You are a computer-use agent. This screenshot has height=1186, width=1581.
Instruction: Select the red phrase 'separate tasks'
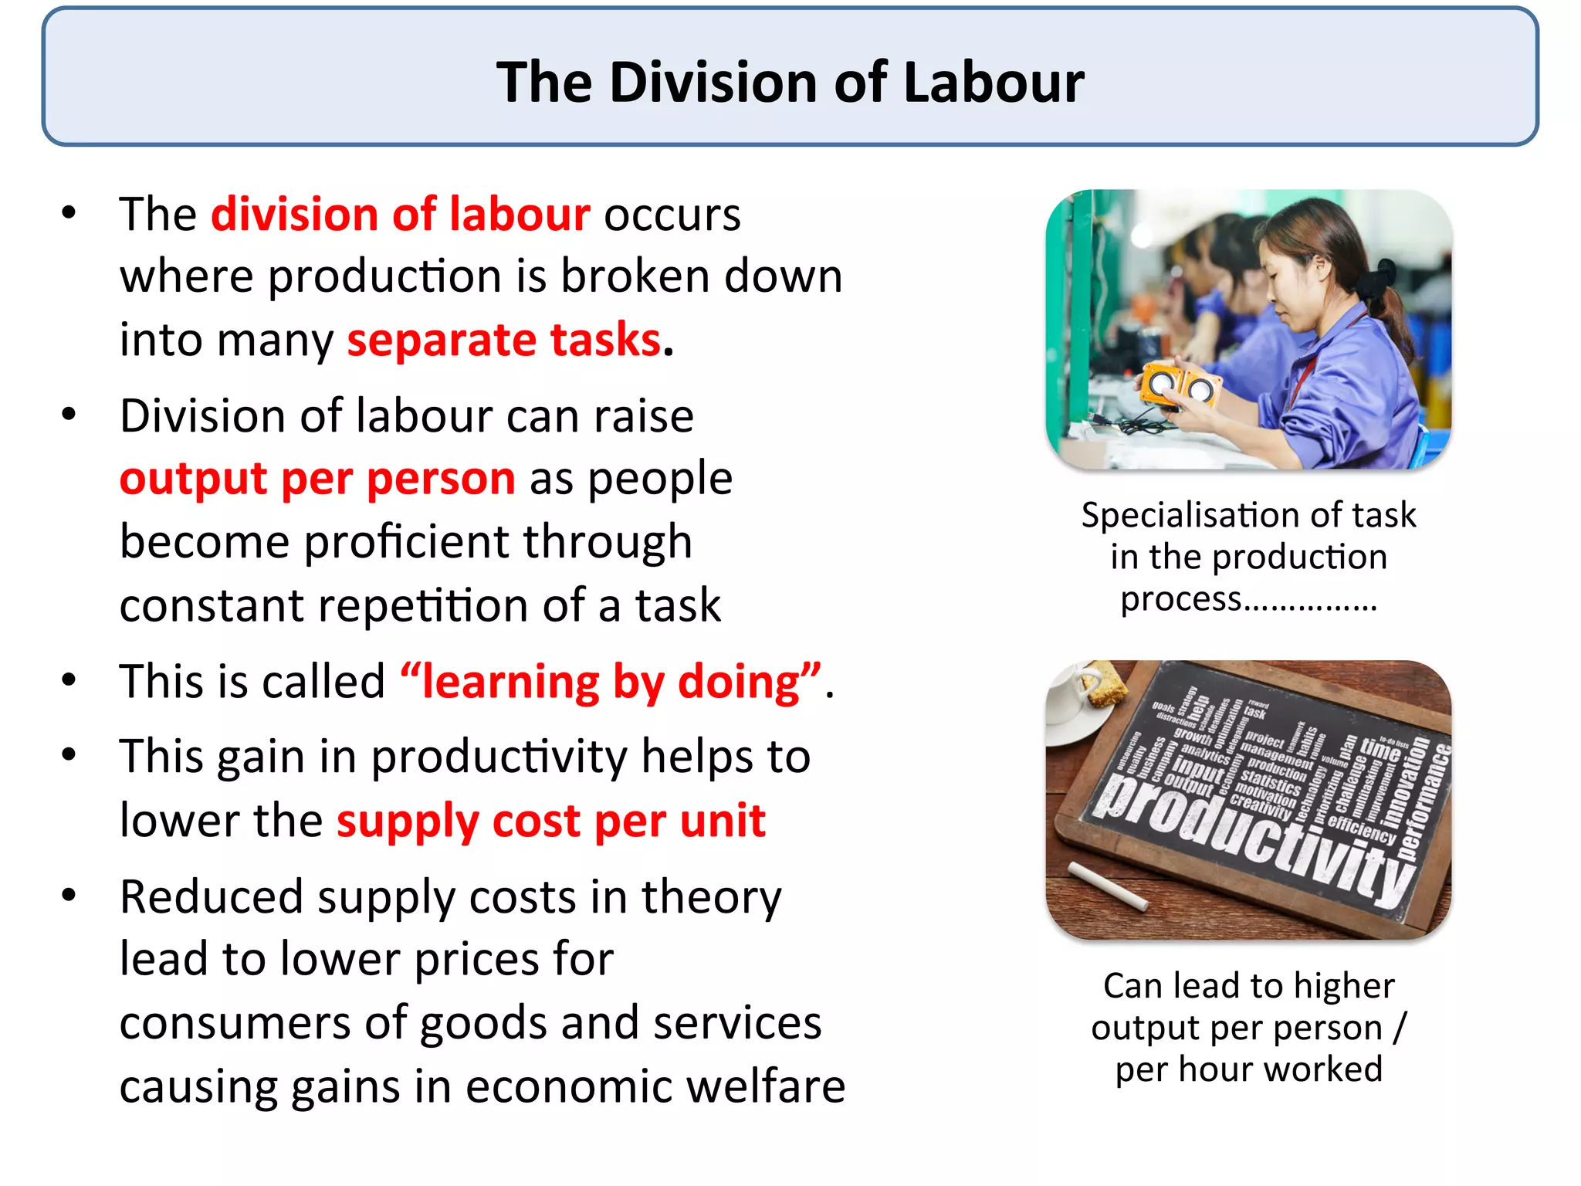point(504,340)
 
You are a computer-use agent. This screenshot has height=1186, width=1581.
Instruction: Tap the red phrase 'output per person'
point(317,479)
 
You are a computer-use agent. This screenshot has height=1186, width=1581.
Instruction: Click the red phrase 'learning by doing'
point(611,682)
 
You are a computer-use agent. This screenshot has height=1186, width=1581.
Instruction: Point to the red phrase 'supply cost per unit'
point(551,820)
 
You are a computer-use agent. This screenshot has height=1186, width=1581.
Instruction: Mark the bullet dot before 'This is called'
point(69,680)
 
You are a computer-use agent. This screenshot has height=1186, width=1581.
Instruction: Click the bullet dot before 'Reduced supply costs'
point(69,895)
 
